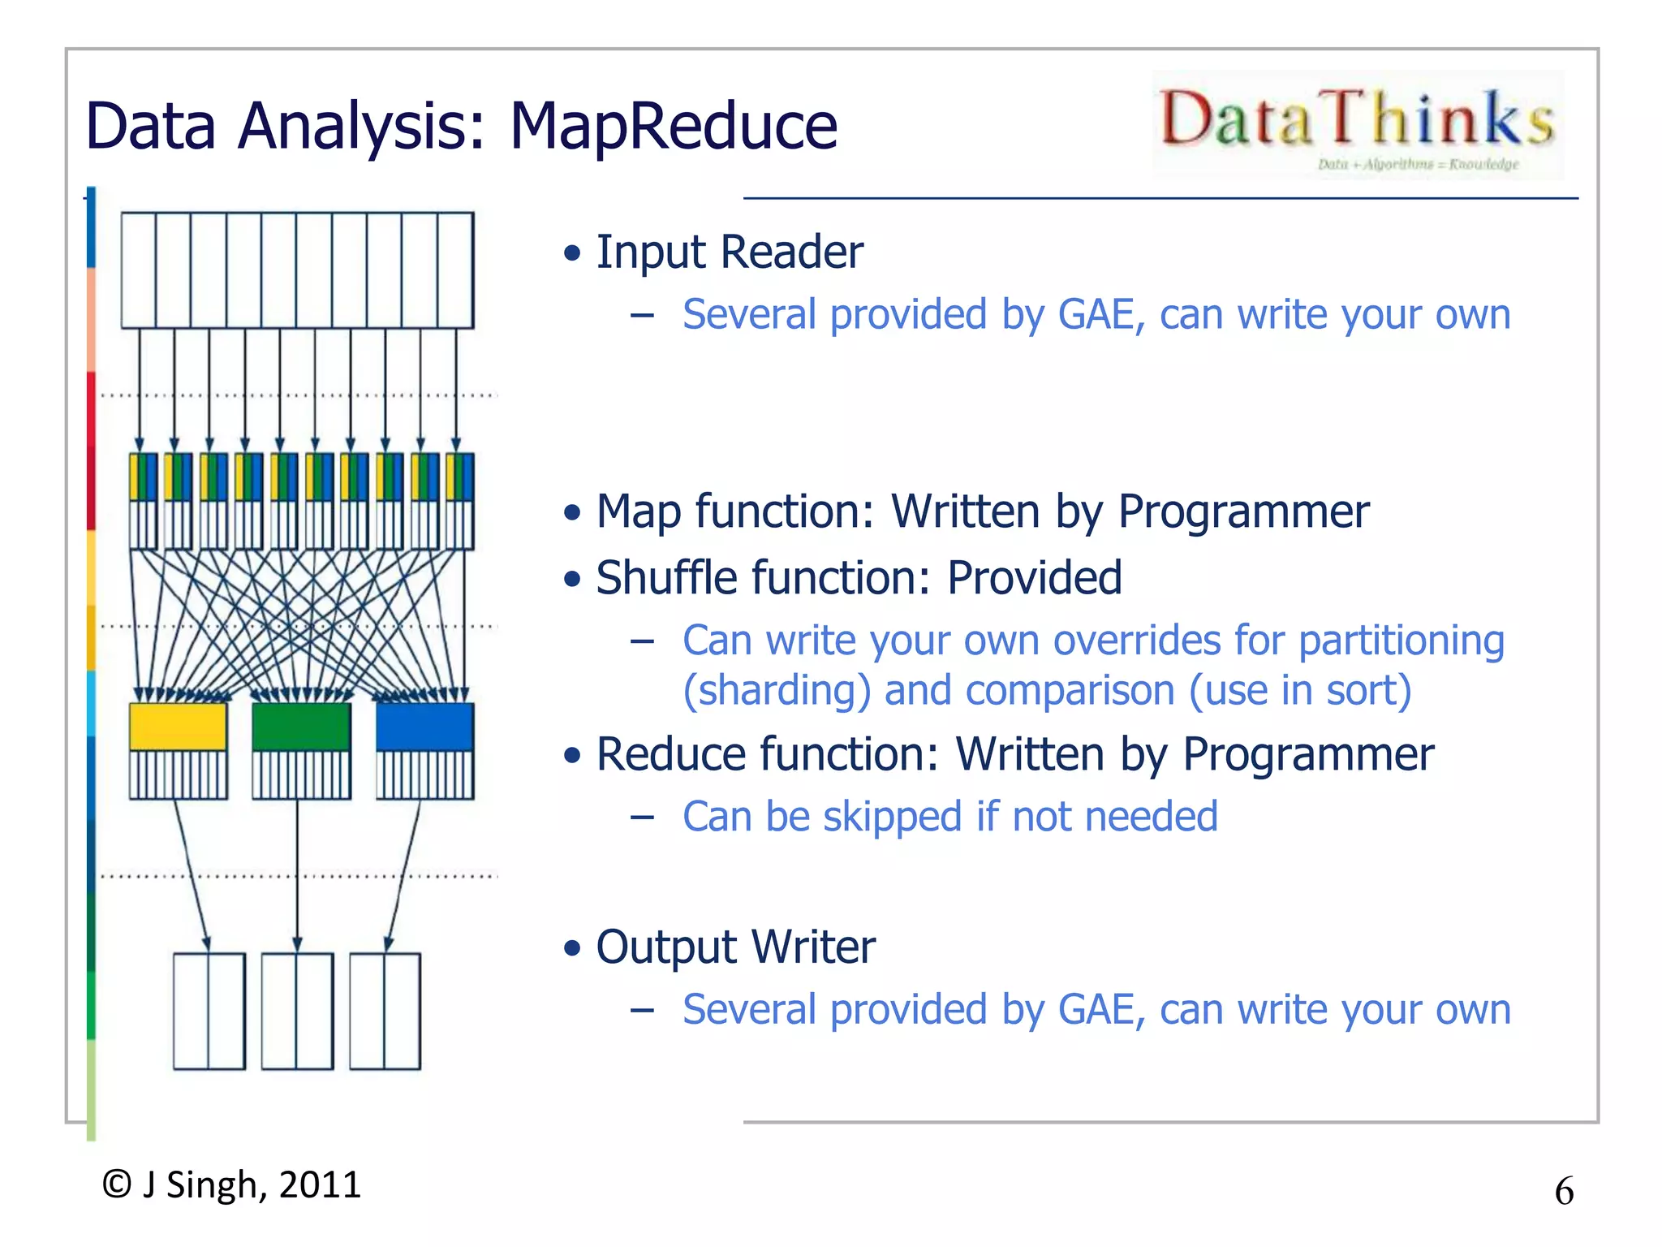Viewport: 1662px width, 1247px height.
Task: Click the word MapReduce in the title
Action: click(673, 127)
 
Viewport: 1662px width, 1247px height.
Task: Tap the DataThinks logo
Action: click(1358, 123)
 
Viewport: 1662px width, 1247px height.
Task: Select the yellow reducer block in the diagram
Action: click(178, 727)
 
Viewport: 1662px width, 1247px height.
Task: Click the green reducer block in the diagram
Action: click(301, 727)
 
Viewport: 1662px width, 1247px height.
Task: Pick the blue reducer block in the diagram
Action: click(424, 727)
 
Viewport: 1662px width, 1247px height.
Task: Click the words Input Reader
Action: click(729, 252)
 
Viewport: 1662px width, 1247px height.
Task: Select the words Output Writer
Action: click(735, 947)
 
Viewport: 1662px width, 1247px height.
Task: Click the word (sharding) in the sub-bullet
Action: click(777, 691)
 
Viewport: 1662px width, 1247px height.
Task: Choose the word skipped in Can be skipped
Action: click(892, 817)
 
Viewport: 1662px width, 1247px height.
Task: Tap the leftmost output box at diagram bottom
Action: click(209, 1011)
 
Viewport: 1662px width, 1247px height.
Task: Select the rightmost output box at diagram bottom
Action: click(385, 1011)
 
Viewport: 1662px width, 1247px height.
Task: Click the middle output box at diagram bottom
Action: click(297, 1011)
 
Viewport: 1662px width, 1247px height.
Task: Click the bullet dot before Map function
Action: click(573, 513)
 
